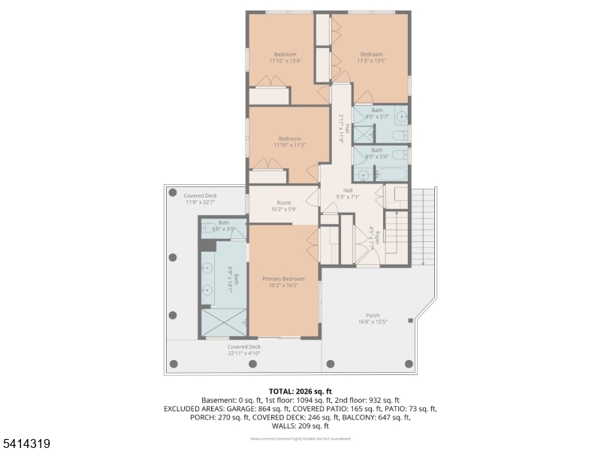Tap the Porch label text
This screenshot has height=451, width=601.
coord(373,315)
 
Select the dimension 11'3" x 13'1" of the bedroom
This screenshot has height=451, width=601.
coord(371,62)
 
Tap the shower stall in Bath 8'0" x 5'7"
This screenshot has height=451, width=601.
coord(364,135)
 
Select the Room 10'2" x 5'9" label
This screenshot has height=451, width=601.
coord(283,206)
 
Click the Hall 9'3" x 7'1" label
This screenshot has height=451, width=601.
coord(348,193)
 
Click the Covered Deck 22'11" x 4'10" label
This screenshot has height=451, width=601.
coord(243,350)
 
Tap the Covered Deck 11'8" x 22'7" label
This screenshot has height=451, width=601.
coord(200,198)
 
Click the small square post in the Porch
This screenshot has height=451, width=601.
coord(410,321)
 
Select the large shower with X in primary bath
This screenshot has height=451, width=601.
coord(224,322)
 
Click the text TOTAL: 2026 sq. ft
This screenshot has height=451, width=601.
coord(300,391)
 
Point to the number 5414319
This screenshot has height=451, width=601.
coord(26,444)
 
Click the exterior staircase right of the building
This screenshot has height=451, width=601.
coord(423,225)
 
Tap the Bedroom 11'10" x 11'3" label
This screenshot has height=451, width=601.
coord(289,141)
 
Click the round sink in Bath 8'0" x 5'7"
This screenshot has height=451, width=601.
coord(401,117)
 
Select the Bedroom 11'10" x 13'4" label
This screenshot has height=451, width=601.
coord(285,57)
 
